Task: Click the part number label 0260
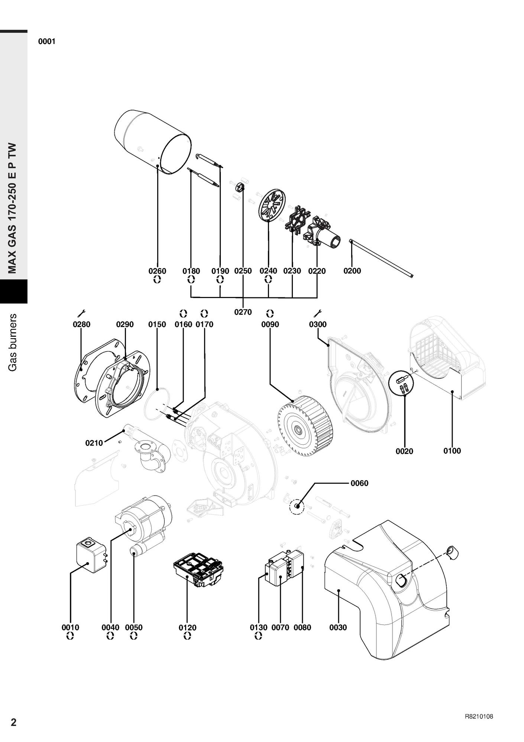157,271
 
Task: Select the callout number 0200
352,271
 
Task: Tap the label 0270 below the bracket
243,312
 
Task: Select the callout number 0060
359,483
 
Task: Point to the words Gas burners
13,342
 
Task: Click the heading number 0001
47,41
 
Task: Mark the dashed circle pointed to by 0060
297,506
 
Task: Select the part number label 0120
187,628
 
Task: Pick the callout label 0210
94,443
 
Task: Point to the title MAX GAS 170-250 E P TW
13,208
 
